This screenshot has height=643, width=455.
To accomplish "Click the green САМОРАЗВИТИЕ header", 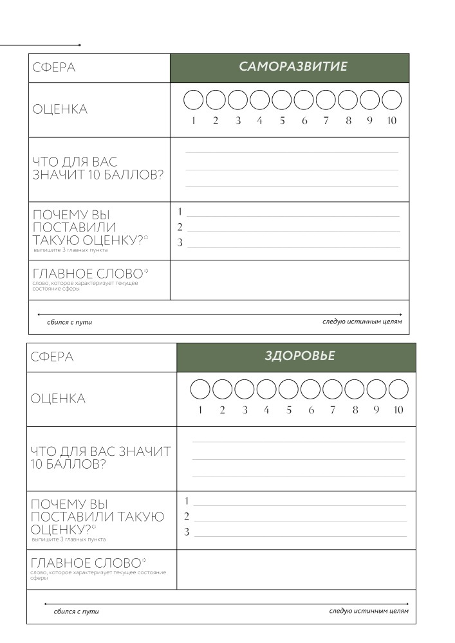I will tap(293, 67).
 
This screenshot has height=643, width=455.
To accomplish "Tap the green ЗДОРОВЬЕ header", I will tap(299, 356).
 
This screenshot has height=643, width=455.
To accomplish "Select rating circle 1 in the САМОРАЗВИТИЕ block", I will tap(194, 100).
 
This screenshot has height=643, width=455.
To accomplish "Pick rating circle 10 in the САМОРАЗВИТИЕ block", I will tap(392, 100).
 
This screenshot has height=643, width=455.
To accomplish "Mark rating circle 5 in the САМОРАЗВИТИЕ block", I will tap(282, 100).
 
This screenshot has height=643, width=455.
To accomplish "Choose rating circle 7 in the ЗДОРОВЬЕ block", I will tap(333, 390).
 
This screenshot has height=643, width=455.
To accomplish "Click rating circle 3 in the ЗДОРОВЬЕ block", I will tap(245, 390).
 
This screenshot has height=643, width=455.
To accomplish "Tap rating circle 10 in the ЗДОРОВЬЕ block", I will tap(399, 390).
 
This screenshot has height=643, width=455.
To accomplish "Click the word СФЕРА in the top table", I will tap(54, 68).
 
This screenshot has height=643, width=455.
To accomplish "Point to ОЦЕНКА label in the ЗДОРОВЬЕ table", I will tap(58, 399).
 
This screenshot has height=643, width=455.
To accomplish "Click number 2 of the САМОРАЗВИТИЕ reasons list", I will tap(180, 227).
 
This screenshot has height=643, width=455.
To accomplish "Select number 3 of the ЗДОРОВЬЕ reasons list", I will tap(187, 532).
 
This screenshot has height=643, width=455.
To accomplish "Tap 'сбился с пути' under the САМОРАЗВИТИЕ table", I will tap(70, 322).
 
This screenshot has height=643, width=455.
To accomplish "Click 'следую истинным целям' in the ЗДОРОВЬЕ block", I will tap(368, 611).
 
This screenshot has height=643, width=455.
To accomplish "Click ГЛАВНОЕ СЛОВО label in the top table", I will tap(88, 274).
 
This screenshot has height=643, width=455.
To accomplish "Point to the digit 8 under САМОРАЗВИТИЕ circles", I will tap(348, 121).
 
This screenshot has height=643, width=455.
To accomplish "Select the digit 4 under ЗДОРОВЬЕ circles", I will tap(266, 410).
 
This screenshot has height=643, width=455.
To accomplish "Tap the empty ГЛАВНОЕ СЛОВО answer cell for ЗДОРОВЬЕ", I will tap(296, 570).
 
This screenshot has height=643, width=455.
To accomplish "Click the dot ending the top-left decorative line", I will tap(79, 45).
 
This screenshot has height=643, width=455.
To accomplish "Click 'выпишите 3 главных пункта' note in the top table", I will tap(70, 250).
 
